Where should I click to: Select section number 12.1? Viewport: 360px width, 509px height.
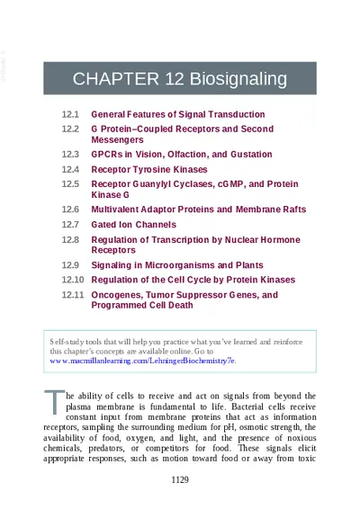[70, 114]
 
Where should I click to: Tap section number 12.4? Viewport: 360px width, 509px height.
[70, 169]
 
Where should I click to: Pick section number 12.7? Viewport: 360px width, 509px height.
[70, 224]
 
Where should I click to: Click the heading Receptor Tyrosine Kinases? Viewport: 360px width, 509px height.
[149, 169]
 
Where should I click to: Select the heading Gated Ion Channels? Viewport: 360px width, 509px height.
[133, 224]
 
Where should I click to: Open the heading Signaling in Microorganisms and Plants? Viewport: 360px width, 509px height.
[177, 265]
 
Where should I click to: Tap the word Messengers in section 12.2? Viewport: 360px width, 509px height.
[117, 140]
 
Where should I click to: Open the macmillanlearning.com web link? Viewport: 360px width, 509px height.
[142, 360]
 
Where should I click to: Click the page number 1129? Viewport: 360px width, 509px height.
[180, 479]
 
